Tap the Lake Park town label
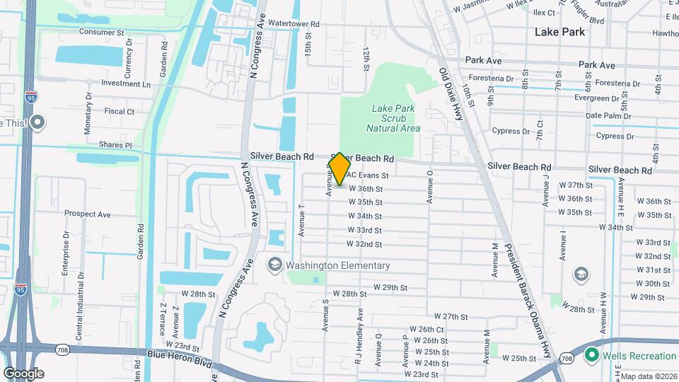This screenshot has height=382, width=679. pyautogui.click(x=559, y=32)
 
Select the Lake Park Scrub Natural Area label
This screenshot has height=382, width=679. pyautogui.click(x=393, y=118)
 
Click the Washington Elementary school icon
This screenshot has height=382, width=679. pyautogui.click(x=274, y=265)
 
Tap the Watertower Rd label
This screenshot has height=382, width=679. pyautogui.click(x=294, y=23)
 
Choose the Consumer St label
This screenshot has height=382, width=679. pyautogui.click(x=101, y=32)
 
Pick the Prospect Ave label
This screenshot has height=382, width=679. pyautogui.click(x=87, y=214)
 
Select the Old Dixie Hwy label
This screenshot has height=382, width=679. pyautogui.click(x=451, y=93)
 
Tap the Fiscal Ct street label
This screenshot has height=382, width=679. pyautogui.click(x=120, y=111)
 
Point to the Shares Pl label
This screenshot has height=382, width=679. pyautogui.click(x=115, y=145)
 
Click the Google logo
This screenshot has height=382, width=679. pyautogui.click(x=24, y=374)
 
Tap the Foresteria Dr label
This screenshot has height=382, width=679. pyautogui.click(x=490, y=79)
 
